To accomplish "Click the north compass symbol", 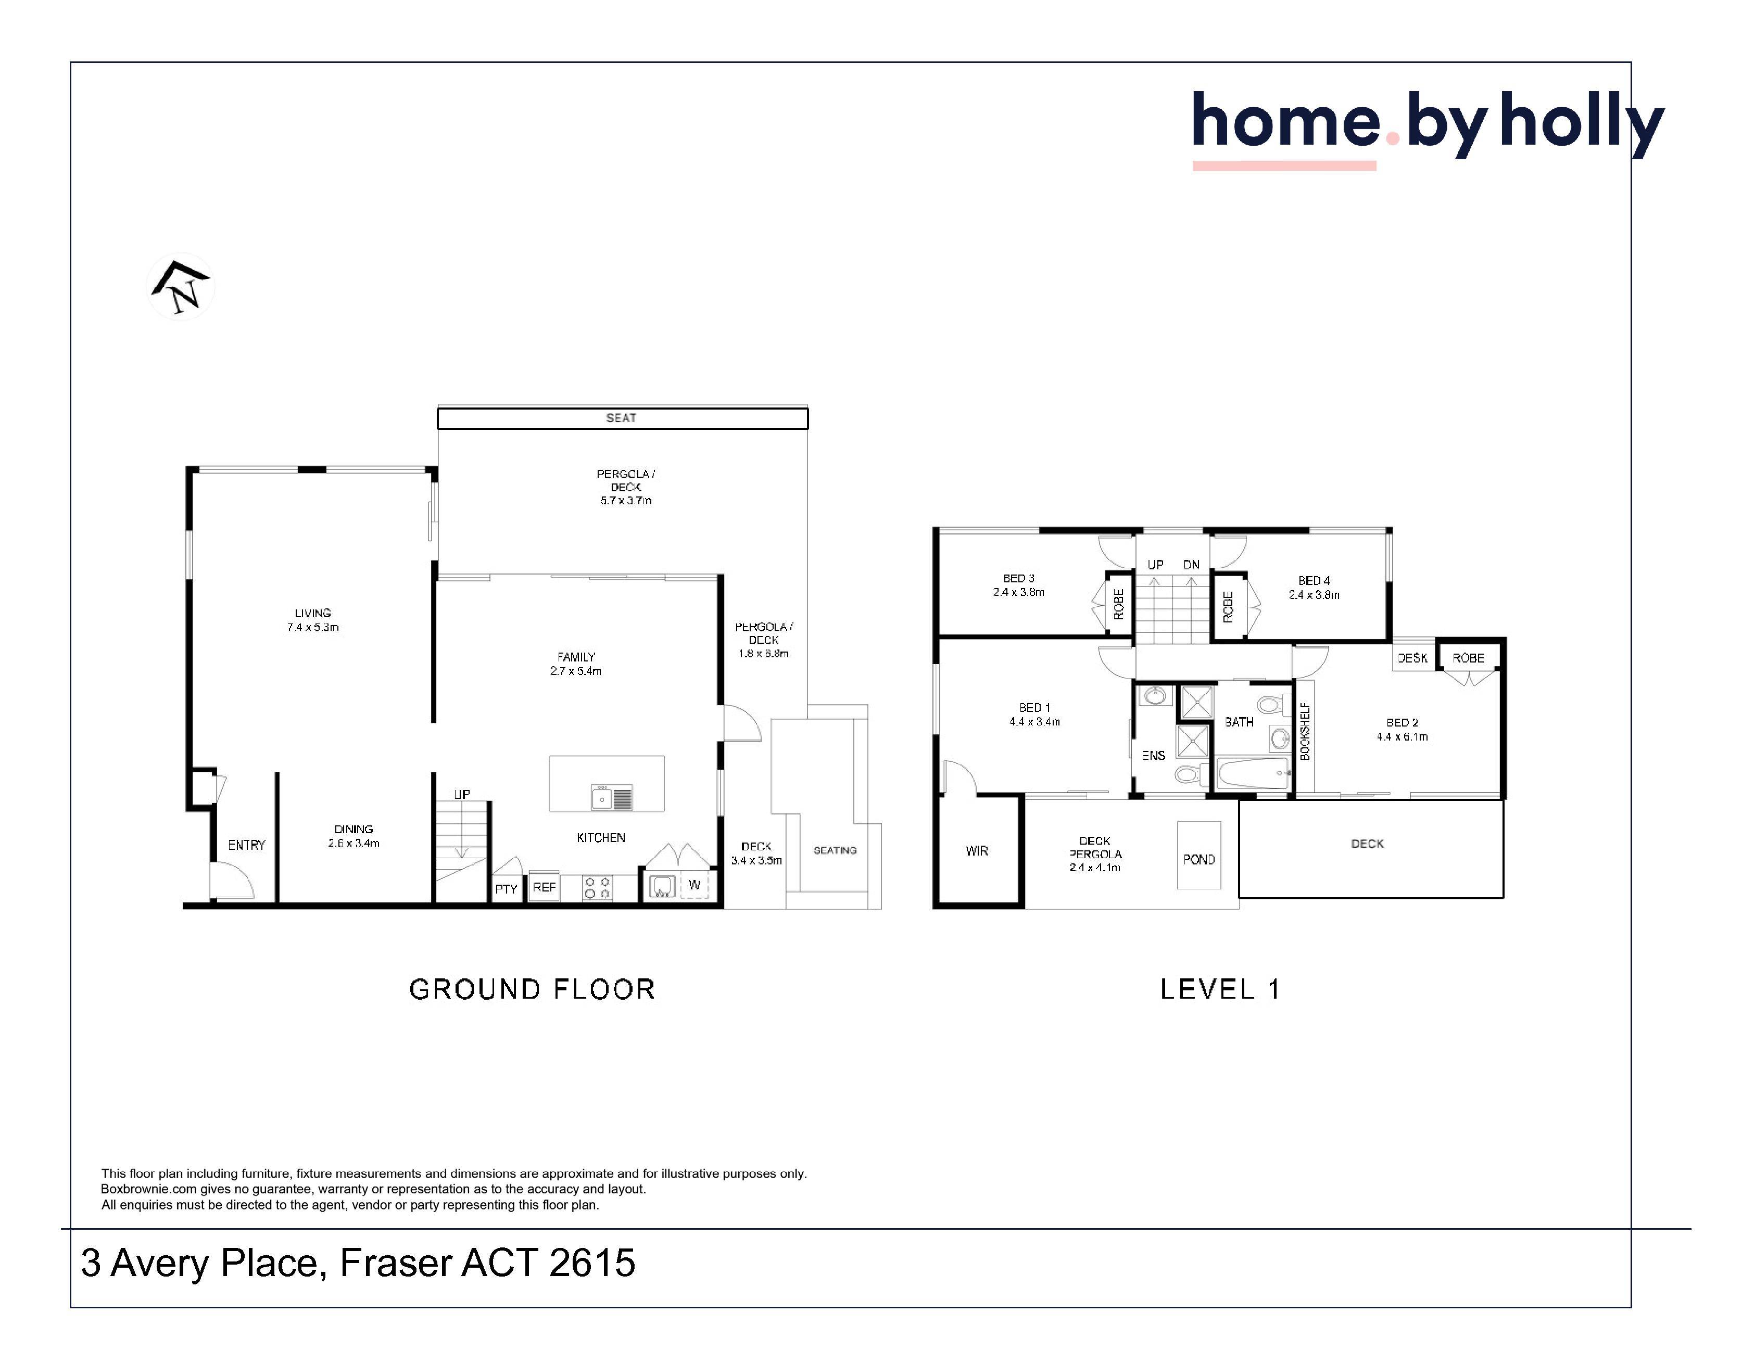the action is pos(181,287).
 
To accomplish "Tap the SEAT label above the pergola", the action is pos(621,418).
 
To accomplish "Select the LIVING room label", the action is pos(312,613).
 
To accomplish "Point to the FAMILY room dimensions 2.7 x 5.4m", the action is pos(576,671).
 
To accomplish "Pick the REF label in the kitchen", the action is pos(544,887).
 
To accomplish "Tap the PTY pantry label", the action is pos(506,888).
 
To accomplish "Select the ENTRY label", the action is pos(247,845).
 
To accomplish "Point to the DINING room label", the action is pos(353,829).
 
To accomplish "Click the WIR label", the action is pos(977,851).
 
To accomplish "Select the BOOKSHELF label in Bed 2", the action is pos(1305,732).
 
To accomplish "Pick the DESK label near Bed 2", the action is pos(1412,658).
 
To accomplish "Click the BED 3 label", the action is pos(1019,578).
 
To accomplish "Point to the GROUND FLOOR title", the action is pos(532,989).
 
